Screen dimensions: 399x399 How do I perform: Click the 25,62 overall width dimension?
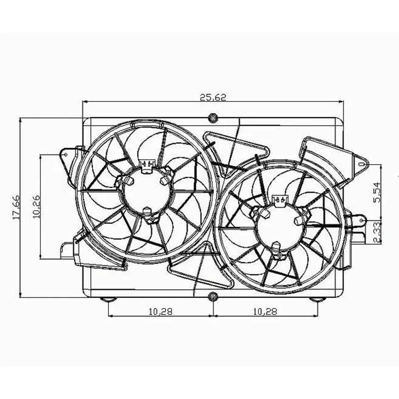tap(212, 97)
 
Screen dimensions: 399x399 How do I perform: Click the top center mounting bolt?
tap(213, 118)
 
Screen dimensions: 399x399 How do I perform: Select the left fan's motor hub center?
tap(147, 192)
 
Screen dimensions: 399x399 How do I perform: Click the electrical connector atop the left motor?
tap(147, 165)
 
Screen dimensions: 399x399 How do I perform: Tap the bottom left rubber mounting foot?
tap(108, 299)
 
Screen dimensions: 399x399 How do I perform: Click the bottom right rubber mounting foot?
tap(317, 299)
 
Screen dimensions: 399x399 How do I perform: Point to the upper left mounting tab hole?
tap(65, 154)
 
